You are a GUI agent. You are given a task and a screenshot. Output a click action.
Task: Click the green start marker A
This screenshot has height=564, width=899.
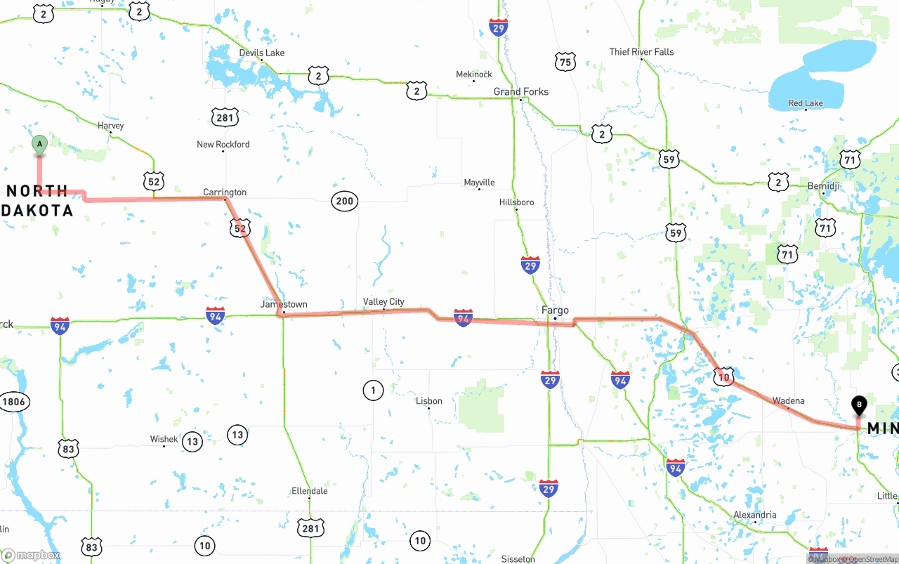click(x=39, y=145)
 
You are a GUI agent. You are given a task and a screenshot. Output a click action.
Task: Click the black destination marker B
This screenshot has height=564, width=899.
click(x=858, y=405)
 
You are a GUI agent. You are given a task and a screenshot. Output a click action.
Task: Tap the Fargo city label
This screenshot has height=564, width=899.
click(x=555, y=310)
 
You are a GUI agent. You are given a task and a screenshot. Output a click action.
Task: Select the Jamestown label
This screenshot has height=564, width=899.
click(x=284, y=304)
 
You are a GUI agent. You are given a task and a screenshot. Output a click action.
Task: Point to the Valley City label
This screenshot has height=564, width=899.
click(x=383, y=301)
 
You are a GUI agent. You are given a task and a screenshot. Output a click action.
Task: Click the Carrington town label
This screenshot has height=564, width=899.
click(x=225, y=192)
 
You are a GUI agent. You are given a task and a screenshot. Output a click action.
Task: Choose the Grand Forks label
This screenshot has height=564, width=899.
click(x=520, y=91)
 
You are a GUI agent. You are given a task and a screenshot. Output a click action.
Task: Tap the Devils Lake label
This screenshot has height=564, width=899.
click(x=261, y=53)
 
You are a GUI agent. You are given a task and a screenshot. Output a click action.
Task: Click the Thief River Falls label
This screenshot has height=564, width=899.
click(x=641, y=51)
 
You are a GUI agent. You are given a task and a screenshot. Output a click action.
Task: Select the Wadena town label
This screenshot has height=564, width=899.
click(x=788, y=400)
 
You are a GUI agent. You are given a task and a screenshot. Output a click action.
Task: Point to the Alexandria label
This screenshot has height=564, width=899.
click(x=755, y=515)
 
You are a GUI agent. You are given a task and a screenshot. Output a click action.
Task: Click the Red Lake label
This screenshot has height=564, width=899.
click(x=805, y=103)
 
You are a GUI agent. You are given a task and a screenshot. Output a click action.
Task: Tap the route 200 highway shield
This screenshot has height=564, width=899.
click(x=344, y=202)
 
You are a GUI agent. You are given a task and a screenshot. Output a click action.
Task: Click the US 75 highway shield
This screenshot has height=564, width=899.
click(x=565, y=62)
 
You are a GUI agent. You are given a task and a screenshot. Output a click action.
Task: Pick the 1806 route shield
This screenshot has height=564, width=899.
click(x=13, y=402)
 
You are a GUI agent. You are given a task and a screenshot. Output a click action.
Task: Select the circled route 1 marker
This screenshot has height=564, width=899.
click(x=373, y=390)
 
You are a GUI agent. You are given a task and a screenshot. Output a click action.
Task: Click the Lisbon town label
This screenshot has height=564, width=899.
click(x=428, y=401)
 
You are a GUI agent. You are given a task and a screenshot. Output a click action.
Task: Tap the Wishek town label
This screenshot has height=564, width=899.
click(x=164, y=439)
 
